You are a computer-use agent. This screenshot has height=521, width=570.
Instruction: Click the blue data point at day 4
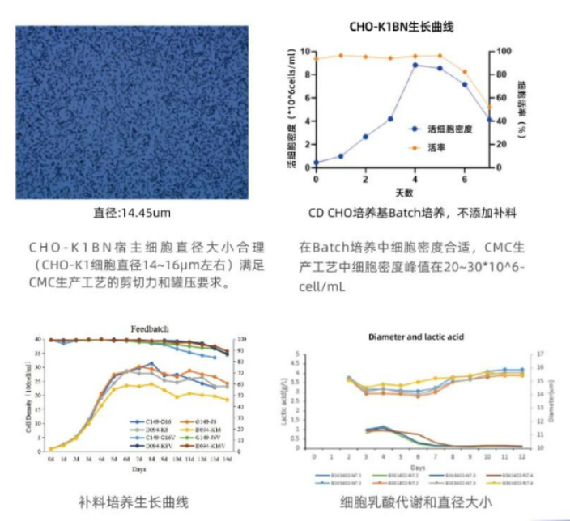point(415,65)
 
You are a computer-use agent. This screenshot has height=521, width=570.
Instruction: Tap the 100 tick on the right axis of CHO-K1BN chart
point(501,51)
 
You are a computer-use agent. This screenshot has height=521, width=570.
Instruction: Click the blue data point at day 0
point(316,163)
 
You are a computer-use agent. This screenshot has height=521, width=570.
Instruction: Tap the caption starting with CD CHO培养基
point(412,214)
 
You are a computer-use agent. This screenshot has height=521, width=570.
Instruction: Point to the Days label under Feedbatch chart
point(139,468)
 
